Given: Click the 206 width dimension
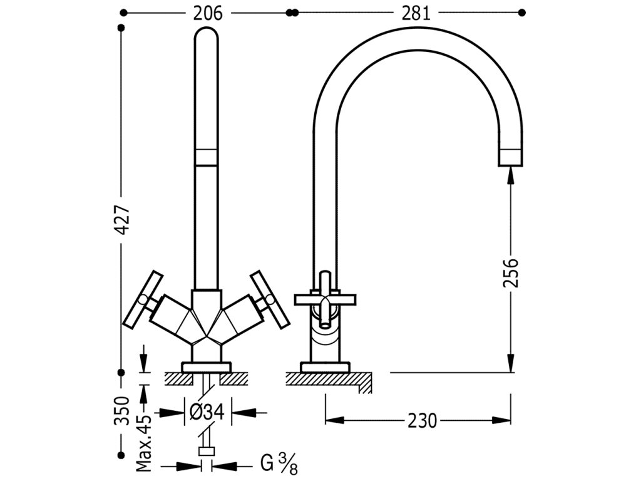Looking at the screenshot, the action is pos(208,14).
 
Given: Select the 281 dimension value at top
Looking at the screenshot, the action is pos(416,14).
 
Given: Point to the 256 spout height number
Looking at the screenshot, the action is pos(511,272).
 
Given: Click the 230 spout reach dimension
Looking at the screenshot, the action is pos(422,420).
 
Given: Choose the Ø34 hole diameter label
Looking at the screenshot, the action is pos(207,412).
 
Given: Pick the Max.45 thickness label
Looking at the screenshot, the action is pos(143,441).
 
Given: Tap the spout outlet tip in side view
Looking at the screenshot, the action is pos(510,158).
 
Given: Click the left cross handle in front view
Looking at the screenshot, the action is pos(143,299).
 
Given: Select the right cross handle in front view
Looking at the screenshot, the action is pos(270,299).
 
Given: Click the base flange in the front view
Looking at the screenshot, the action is pos(207,367).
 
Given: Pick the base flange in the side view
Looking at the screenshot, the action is pos(325,367).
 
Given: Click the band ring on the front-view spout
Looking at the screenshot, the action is pos(207,157).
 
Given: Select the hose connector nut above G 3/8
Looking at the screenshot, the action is pos(207,452).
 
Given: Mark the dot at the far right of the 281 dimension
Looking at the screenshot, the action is pos(521,13).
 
